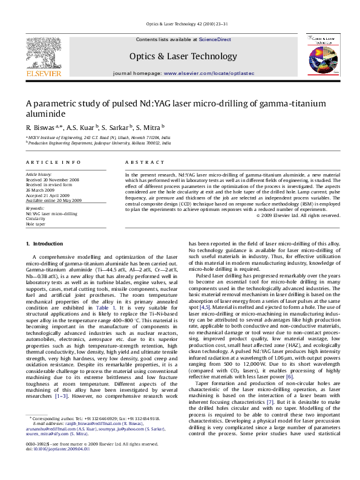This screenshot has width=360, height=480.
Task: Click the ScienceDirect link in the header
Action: pyautogui.click(x=215, y=39)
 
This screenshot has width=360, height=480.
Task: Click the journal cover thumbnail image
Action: pyautogui.click(x=321, y=56)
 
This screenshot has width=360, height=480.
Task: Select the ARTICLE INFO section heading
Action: pyautogui.click(x=53, y=163)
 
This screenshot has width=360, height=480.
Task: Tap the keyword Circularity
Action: pyautogui.click(x=36, y=219)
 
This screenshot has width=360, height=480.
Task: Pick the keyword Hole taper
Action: pyautogui.click(x=36, y=224)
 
